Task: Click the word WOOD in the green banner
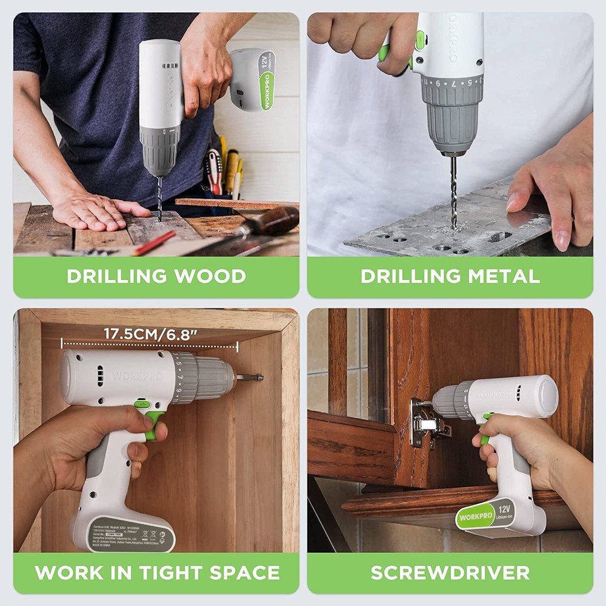click(210, 276)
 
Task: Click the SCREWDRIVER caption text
click(450, 572)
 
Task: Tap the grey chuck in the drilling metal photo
click(452, 115)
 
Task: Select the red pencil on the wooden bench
click(154, 243)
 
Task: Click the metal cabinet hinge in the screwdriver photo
click(427, 422)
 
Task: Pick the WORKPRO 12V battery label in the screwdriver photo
click(485, 513)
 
